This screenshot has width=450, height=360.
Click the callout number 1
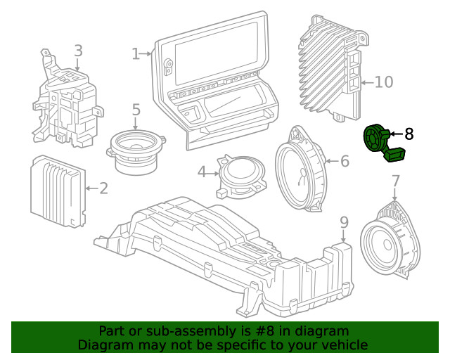click(136, 53)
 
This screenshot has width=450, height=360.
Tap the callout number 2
click(103, 188)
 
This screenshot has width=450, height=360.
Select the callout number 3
click(78, 50)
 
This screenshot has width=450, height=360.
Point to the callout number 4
click(202, 171)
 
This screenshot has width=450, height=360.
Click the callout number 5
click(136, 110)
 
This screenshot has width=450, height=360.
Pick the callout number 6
click(344, 161)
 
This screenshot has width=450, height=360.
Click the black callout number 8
click(409, 132)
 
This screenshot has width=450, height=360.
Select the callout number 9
click(344, 222)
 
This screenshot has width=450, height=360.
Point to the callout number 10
click(383, 82)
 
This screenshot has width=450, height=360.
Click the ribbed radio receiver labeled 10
click(330, 67)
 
